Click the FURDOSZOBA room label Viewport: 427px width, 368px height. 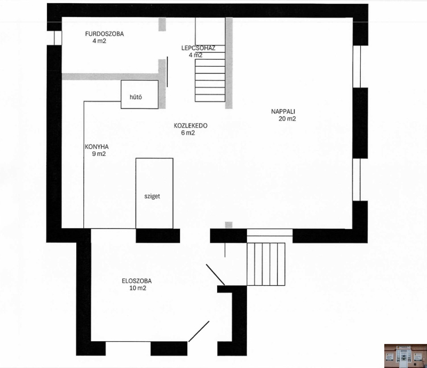click(x=104, y=34)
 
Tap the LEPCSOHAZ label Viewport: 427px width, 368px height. click(x=198, y=48)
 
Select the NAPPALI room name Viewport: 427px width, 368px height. click(x=283, y=111)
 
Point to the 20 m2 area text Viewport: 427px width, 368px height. click(x=287, y=119)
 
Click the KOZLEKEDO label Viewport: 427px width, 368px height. click(x=191, y=126)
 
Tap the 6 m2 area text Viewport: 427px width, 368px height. click(x=188, y=133)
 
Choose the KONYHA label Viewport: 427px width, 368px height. click(x=97, y=147)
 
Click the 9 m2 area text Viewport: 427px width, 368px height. click(x=99, y=154)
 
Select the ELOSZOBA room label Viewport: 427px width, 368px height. click(x=137, y=281)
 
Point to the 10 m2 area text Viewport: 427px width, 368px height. click(x=138, y=288)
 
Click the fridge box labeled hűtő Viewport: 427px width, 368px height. click(x=139, y=95)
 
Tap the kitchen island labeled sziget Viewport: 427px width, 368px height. click(x=154, y=193)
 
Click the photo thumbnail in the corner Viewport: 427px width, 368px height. click(x=406, y=356)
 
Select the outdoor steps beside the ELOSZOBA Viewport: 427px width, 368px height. click(x=266, y=264)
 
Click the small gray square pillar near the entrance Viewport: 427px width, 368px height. click(x=229, y=225)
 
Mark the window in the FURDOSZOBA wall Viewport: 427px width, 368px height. click(x=58, y=37)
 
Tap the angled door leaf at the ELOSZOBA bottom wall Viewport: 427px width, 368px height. click(x=199, y=331)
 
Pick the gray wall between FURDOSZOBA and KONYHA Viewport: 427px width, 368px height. click(x=110, y=76)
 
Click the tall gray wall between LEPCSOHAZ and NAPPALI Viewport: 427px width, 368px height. click(x=229, y=63)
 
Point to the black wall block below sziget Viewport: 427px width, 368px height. click(x=158, y=236)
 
